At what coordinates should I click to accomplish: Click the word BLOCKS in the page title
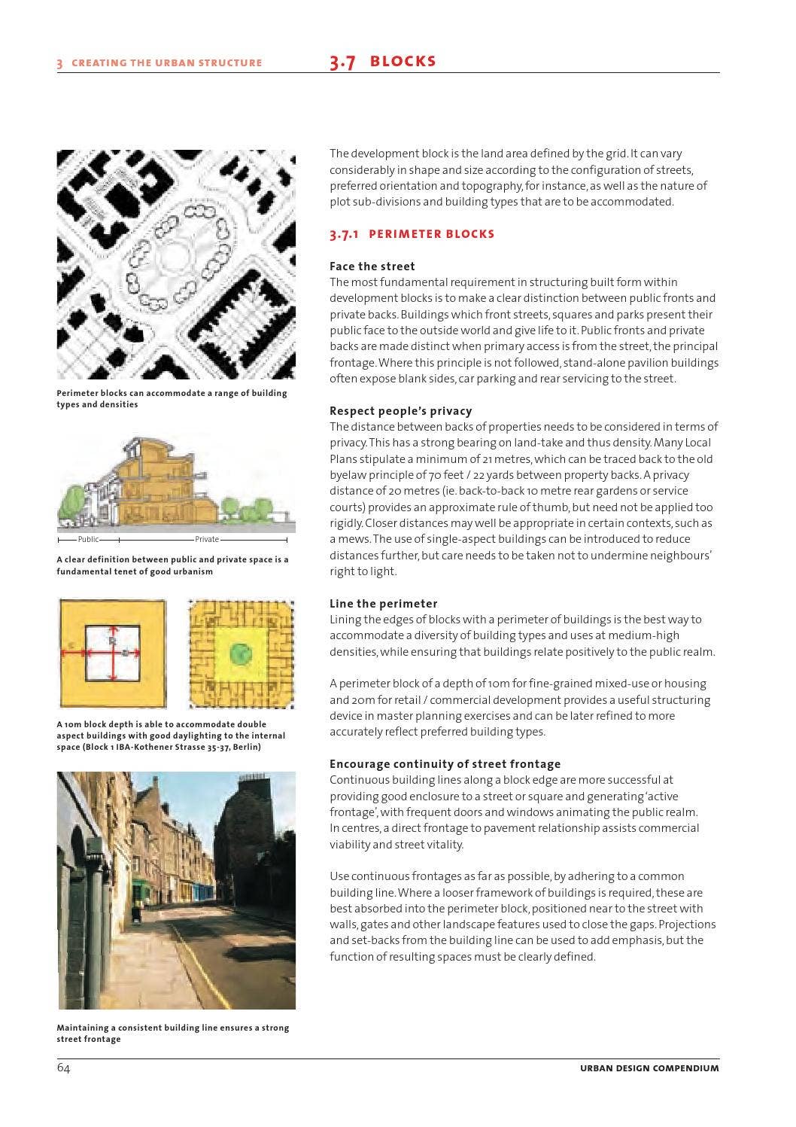pos(403,62)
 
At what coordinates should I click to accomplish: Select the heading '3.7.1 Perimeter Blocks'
pos(412,234)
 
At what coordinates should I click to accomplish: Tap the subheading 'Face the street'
pos(372,267)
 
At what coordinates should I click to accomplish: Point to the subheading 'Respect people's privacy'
pos(400,411)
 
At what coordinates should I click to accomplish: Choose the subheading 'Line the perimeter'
pos(383,604)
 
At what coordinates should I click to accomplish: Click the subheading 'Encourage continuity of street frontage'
pos(445,764)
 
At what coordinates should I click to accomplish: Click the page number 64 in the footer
pos(63,1068)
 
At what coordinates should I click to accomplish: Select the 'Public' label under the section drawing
pos(88,539)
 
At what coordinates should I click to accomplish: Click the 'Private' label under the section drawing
pos(207,539)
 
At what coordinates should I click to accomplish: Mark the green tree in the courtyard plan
pos(240,652)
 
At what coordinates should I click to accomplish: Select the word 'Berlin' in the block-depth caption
pos(245,748)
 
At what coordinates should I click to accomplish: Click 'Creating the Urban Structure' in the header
pos(166,63)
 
